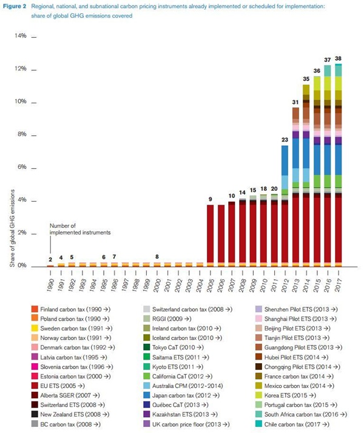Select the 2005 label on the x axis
pyautogui.click(x=210, y=281)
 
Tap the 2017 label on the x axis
pyautogui.click(x=338, y=281)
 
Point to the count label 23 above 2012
pyautogui.click(x=285, y=140)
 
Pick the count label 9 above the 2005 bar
pyautogui.click(x=210, y=199)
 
